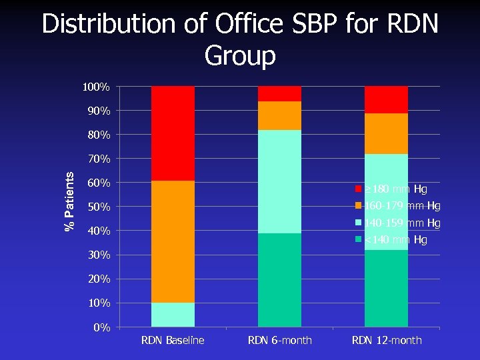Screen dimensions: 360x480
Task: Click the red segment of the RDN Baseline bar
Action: pos(173,133)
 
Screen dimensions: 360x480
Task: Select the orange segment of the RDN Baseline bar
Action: pos(173,241)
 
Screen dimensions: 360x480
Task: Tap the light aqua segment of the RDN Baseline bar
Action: pos(173,315)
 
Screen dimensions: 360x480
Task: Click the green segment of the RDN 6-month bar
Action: pos(279,280)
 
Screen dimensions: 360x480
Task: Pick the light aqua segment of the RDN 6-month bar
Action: pos(279,181)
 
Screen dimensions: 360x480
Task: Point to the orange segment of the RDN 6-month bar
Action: pos(279,116)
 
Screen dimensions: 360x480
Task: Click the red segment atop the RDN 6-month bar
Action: pos(279,94)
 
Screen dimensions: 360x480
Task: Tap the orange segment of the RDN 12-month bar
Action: pos(386,133)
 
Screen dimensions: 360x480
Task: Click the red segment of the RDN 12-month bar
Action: pos(386,100)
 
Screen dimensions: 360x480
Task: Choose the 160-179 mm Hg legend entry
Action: pos(396,205)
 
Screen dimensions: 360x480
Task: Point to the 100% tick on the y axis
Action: pos(97,87)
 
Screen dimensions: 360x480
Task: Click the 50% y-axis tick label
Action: pos(99,207)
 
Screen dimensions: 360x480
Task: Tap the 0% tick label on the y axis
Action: pos(102,327)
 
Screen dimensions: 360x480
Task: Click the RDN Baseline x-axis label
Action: pos(173,341)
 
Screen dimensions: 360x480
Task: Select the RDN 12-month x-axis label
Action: pos(387,341)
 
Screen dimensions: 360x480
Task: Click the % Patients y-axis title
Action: pos(69,200)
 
